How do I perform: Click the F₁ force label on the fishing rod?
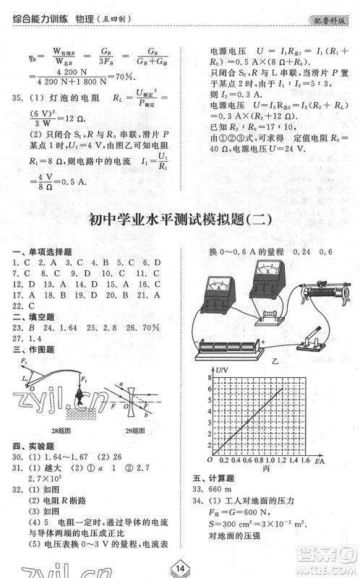click(24, 361)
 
